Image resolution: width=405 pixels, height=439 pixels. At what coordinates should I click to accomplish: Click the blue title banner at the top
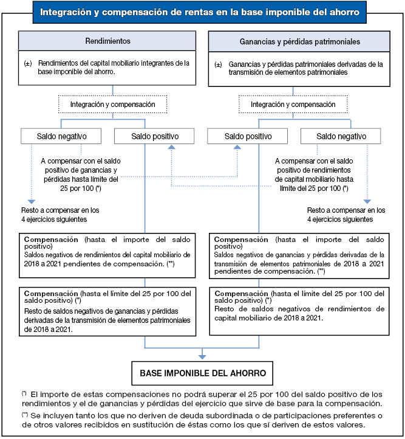203,11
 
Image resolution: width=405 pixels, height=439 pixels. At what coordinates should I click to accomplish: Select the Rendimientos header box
108,42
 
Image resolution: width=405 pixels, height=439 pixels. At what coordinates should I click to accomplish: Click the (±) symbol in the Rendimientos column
28,63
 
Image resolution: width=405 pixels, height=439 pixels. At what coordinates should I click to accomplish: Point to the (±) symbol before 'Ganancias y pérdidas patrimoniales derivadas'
219,63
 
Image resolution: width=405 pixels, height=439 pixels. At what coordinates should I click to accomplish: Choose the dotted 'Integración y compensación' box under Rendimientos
113,105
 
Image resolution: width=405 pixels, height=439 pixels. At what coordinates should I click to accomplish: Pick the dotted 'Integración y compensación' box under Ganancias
294,105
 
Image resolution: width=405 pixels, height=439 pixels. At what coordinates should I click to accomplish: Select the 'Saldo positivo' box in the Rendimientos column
154,136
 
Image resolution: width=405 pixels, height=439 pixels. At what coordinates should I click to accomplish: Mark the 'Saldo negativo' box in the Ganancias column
341,136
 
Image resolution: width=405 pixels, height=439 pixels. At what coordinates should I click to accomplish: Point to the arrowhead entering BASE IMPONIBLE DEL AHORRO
203,356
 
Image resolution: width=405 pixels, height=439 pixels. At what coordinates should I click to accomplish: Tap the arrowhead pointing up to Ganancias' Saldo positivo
237,148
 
